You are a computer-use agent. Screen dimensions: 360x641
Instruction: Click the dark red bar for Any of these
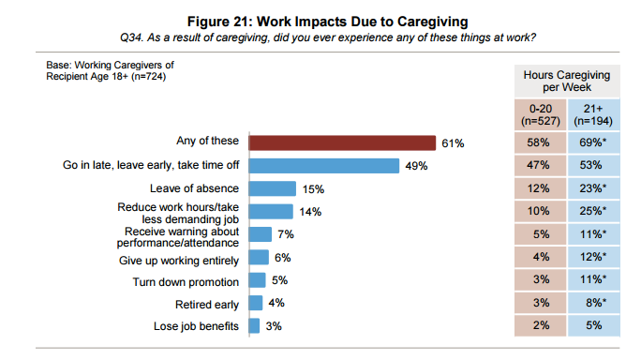(x=342, y=142)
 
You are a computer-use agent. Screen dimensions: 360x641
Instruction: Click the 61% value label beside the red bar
(x=454, y=143)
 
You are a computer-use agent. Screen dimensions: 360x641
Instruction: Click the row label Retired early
(x=207, y=304)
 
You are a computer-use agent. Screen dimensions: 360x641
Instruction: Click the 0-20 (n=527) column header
(x=540, y=115)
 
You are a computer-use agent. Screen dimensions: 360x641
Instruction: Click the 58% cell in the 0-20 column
(x=540, y=143)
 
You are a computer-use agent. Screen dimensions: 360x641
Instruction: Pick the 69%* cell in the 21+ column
(x=593, y=143)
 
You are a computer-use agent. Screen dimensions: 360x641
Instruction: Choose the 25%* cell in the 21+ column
(x=593, y=212)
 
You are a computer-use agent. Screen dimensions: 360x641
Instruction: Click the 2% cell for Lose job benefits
(x=540, y=326)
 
